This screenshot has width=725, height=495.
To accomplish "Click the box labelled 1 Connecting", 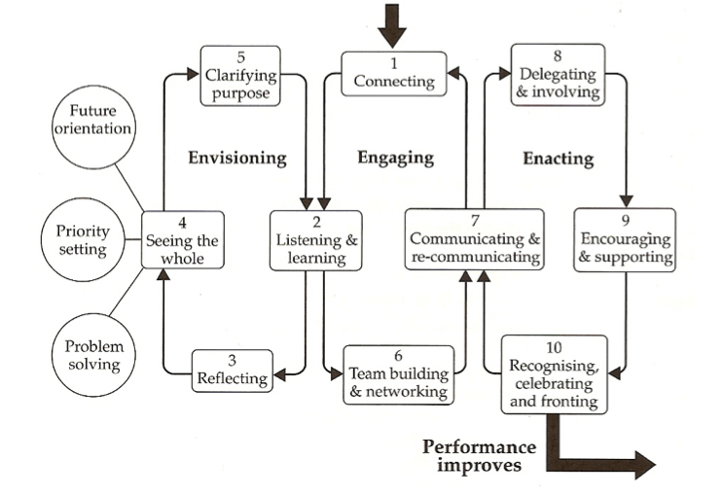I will click(394, 72).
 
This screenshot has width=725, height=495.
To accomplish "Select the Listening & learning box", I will click(316, 240).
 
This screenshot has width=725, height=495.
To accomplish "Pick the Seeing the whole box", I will click(184, 240).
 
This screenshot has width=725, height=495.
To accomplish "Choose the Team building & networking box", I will click(397, 374).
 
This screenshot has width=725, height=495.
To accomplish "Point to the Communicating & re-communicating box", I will click(474, 239).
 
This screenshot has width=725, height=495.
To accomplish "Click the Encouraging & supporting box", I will click(625, 240).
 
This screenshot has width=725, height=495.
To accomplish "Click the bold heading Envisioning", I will click(237, 156).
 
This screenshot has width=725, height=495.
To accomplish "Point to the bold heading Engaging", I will click(396, 156).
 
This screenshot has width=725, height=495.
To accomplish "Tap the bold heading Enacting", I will click(558, 156).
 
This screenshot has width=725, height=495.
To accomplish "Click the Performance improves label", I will click(479, 455).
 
